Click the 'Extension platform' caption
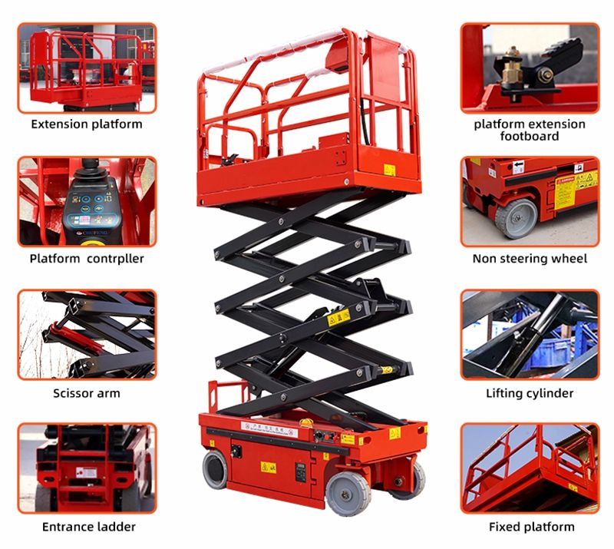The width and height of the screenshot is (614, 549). tap(87, 124)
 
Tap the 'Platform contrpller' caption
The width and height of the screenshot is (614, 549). tap(87, 258)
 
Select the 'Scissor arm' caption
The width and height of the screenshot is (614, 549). tap(87, 393)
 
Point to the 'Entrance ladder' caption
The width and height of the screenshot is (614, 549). tap(87, 527)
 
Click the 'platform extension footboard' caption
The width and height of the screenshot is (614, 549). tap(530, 130)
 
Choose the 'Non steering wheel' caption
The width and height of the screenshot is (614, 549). tap(530, 259)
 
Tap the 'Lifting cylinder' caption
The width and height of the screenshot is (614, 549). tap(530, 393)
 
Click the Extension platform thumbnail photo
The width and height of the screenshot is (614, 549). tap(87, 68)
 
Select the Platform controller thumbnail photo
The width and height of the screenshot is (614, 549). tap(87, 202)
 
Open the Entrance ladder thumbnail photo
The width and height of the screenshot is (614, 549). tap(87, 468)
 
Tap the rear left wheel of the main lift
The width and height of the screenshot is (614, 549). tap(216, 469)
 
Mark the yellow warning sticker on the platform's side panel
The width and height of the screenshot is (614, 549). tap(389, 170)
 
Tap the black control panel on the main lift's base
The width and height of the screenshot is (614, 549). tap(301, 470)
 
